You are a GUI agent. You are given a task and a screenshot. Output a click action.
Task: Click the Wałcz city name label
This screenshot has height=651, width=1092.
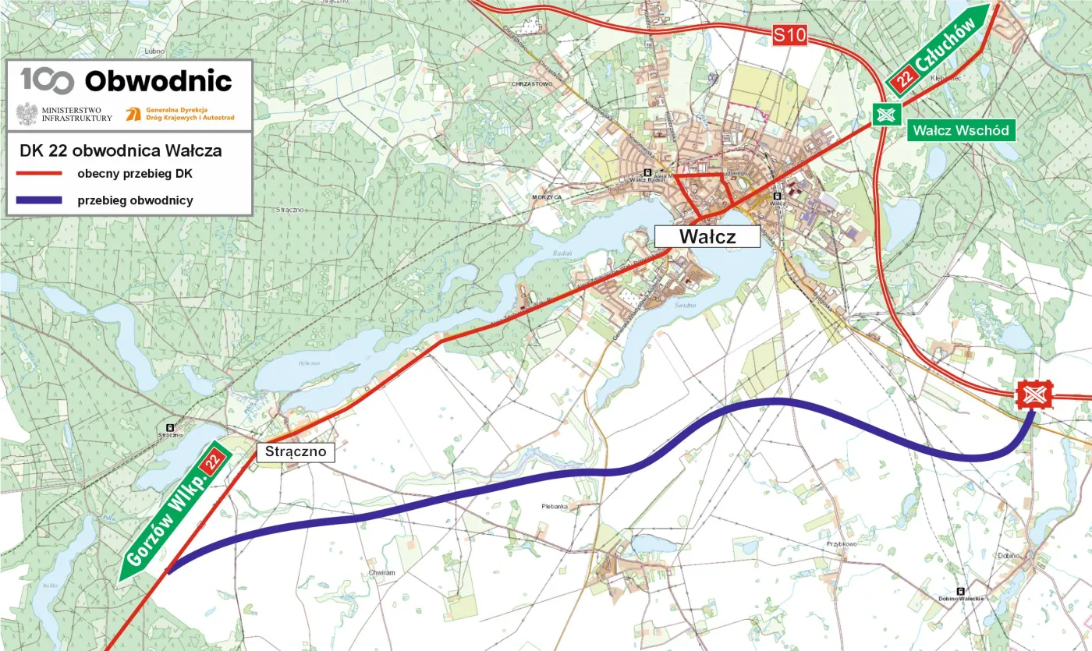[707, 236]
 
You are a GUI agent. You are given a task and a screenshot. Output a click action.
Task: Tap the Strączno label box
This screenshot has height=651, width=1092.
[295, 451]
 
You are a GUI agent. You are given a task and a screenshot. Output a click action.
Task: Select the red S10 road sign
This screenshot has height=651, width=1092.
[789, 34]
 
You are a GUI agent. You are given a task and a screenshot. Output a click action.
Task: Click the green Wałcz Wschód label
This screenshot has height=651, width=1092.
[961, 129]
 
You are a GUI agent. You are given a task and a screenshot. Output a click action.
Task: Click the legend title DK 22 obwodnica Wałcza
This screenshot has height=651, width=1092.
[121, 150]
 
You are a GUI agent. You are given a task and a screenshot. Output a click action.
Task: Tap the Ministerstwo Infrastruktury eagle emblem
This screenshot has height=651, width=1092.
[27, 113]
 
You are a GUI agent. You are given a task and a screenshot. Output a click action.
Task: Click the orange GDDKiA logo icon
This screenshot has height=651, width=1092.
[133, 113]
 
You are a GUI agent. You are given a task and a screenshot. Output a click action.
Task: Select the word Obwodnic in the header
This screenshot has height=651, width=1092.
[158, 81]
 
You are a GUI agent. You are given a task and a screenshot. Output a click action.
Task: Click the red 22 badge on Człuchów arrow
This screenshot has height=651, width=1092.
[906, 79]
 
